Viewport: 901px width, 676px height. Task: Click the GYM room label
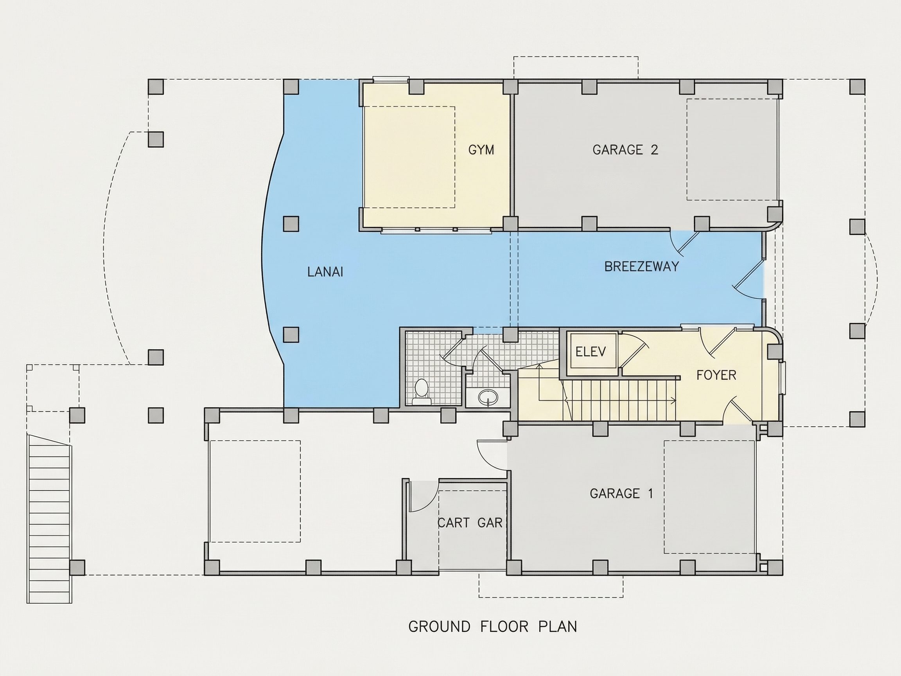tap(481, 150)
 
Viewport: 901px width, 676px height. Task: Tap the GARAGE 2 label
tap(625, 150)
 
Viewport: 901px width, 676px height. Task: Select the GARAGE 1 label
tap(621, 493)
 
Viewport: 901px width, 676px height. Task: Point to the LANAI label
tap(325, 272)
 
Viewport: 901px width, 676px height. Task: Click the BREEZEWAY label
tap(642, 266)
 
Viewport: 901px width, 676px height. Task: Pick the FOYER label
tap(716, 375)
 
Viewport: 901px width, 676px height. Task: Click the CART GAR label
tap(470, 523)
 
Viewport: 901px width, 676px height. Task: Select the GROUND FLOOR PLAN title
tap(492, 626)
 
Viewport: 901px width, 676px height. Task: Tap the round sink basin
tap(488, 396)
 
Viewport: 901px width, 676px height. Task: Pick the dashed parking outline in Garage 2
tap(732, 149)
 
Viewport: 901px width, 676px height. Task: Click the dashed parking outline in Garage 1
tap(709, 497)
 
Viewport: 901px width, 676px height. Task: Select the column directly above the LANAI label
tap(291, 224)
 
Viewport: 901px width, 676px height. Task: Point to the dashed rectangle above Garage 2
tap(576, 67)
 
